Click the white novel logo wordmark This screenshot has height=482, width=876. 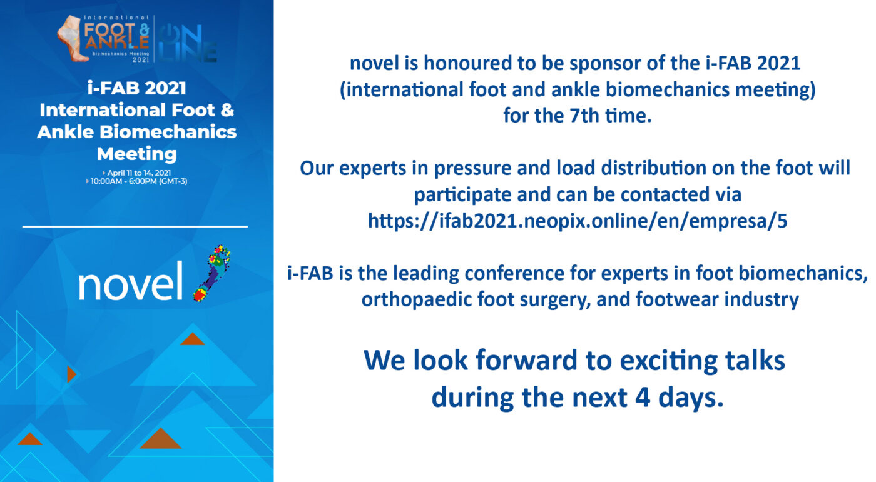click(x=131, y=281)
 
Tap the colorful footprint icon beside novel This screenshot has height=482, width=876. click(x=212, y=273)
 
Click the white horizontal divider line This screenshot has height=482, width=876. click(x=135, y=226)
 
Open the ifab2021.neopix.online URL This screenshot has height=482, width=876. click(x=578, y=221)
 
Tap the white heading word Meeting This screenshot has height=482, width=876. click(x=137, y=154)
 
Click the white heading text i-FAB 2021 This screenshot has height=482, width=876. click(x=137, y=88)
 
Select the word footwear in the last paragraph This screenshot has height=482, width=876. click(x=677, y=299)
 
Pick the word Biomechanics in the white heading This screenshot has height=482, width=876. click(x=168, y=132)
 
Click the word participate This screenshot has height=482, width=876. click(x=462, y=195)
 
